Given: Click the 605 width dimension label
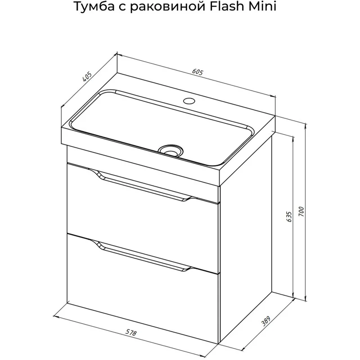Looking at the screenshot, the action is tap(198, 72).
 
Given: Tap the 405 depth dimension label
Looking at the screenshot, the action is tap(87, 76).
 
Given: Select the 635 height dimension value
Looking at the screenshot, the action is tap(289, 216).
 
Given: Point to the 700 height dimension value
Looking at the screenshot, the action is tap(301, 211).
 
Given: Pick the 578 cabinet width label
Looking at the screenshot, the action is tap(131, 332).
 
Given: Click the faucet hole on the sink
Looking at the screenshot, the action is tap(189, 100).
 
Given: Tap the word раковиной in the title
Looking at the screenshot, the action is tap(167, 7).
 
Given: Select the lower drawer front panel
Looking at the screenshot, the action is tap(142, 289).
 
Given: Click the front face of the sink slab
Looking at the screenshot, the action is tap(140, 156).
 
